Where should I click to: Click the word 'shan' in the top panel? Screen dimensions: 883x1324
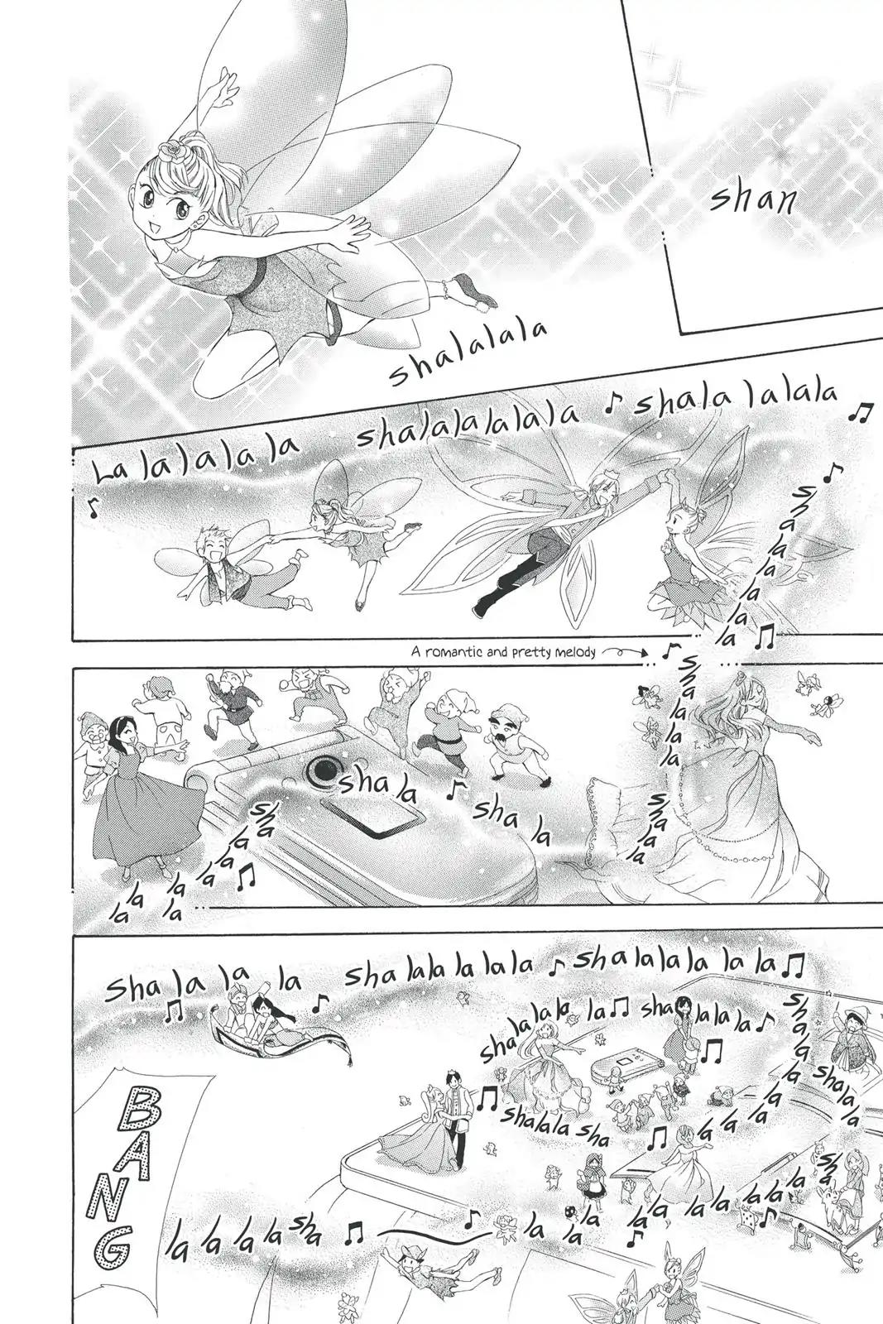point(751,203)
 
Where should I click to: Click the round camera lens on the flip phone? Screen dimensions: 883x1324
point(323,771)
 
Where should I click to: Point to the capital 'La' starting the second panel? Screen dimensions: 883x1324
point(108,472)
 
